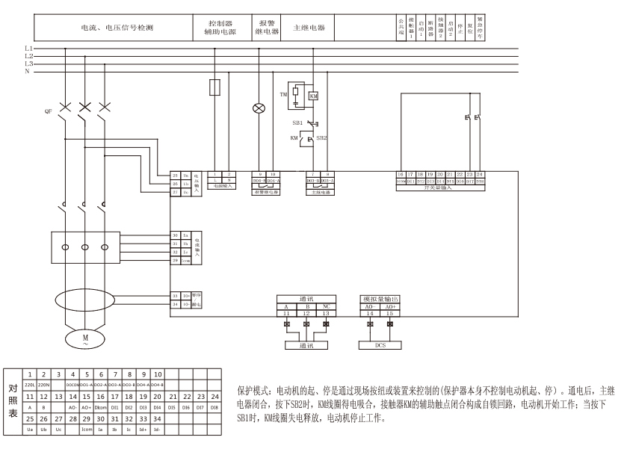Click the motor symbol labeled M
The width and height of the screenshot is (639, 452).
(84, 340)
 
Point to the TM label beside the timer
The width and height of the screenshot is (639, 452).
(283, 96)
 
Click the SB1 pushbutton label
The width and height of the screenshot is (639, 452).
(297, 122)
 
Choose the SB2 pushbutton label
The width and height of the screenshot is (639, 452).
(322, 138)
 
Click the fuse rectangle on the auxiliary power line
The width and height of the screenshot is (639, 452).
(215, 87)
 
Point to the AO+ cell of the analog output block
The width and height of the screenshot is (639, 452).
(389, 306)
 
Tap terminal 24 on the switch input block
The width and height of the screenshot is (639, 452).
(480, 174)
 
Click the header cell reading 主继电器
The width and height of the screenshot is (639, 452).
(309, 28)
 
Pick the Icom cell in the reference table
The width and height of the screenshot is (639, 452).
(86, 430)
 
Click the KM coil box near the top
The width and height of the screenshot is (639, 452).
(314, 96)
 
